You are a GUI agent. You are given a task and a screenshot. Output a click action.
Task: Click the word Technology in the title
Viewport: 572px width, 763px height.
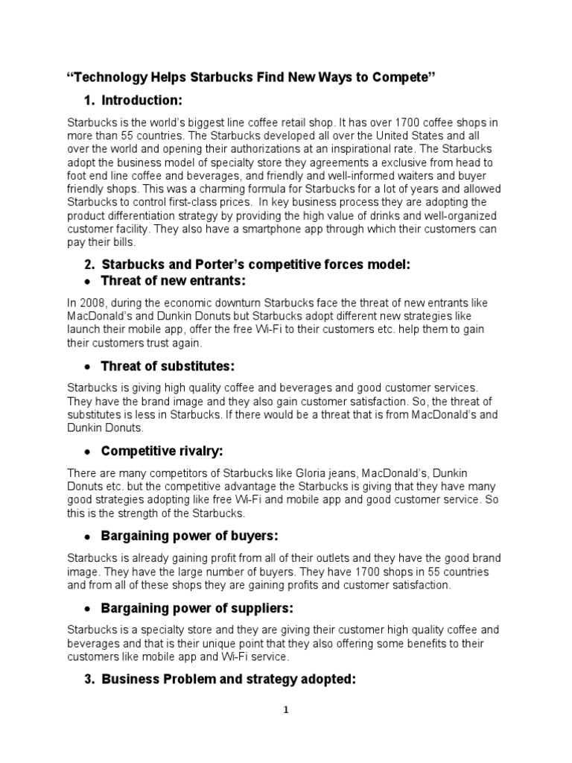[109, 78]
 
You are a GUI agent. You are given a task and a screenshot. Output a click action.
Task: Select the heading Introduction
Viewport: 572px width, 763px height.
[141, 101]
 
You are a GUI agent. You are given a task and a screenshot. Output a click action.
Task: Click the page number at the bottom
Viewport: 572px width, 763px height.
[285, 710]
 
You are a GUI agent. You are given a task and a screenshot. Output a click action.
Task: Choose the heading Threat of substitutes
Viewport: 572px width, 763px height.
[168, 366]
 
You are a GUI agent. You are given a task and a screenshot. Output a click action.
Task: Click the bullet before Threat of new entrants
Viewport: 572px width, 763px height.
[88, 281]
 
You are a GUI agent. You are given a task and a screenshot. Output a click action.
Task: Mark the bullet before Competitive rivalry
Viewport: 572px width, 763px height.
[88, 452]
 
